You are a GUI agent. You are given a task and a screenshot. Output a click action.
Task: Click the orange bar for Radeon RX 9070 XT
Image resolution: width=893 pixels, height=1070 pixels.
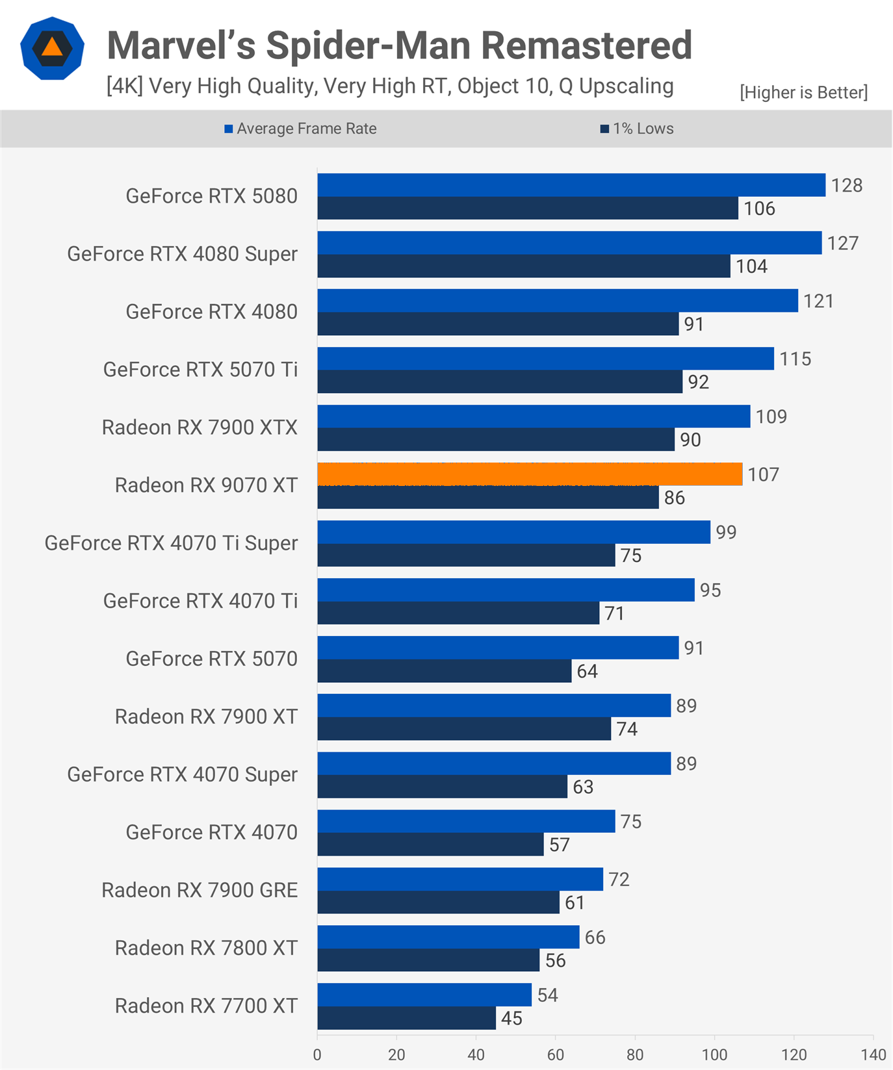tap(530, 474)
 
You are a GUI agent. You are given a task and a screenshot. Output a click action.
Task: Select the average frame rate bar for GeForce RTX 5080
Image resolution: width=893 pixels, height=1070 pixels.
tap(571, 185)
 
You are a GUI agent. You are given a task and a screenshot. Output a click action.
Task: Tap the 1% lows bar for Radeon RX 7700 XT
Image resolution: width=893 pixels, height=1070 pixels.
tap(407, 1018)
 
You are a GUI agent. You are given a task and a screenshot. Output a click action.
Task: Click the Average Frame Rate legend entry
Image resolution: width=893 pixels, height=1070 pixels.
tap(300, 129)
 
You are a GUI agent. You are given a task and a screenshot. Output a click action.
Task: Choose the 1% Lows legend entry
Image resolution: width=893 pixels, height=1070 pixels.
tap(637, 129)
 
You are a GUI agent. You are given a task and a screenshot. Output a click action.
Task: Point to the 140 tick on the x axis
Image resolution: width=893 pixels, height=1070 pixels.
tap(874, 1054)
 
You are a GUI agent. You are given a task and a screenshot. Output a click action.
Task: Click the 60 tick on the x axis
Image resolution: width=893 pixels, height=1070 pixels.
tap(556, 1054)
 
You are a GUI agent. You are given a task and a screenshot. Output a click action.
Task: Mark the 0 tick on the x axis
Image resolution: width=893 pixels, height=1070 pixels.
tap(317, 1054)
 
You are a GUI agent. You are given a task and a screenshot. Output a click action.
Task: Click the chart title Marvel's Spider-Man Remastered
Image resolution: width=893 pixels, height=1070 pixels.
tap(399, 45)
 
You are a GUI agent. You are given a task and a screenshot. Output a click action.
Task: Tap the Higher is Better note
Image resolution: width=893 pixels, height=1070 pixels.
tap(803, 92)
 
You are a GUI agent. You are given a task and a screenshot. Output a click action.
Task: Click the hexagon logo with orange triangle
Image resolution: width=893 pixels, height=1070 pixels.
tap(52, 49)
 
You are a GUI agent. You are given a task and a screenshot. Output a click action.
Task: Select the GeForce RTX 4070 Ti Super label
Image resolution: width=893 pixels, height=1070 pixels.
tap(171, 543)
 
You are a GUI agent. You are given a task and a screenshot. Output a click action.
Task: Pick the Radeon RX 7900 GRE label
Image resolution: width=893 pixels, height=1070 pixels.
tap(200, 890)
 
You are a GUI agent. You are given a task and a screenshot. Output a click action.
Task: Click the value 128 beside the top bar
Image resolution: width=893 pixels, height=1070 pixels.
tap(847, 185)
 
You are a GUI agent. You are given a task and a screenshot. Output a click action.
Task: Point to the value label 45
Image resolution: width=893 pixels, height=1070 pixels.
tap(511, 1018)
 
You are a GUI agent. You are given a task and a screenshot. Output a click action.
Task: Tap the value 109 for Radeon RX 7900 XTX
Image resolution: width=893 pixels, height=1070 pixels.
tap(771, 416)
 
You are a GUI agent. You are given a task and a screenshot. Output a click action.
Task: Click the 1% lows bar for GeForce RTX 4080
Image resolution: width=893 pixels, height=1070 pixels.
tap(498, 324)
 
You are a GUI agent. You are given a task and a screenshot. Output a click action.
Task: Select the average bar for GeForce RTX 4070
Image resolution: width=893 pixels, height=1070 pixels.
tap(466, 821)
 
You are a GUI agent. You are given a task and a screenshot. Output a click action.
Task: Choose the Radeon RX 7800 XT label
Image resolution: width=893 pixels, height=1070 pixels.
tap(206, 948)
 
